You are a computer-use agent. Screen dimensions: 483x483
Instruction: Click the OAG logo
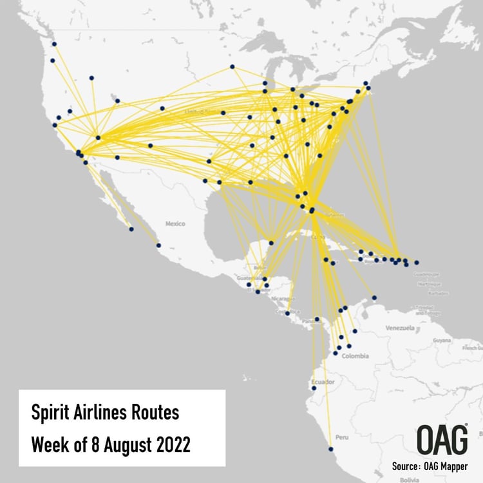(x=442, y=440)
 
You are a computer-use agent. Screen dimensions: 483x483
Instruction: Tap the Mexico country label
(x=175, y=223)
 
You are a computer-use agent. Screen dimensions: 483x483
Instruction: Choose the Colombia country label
(x=355, y=355)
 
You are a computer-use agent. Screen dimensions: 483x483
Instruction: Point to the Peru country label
(x=341, y=437)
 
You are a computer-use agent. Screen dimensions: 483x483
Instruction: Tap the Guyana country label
(x=442, y=339)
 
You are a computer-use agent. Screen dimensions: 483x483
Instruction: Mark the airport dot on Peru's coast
(x=331, y=449)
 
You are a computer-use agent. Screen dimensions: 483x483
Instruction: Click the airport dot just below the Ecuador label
(x=314, y=388)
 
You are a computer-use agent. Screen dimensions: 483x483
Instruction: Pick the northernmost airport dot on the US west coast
(x=54, y=44)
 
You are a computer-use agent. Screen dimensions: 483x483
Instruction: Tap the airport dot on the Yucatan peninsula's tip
(x=271, y=243)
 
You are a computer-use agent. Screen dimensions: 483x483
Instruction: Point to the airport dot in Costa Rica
(x=287, y=313)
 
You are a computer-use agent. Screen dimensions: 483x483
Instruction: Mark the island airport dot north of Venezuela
(x=375, y=298)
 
